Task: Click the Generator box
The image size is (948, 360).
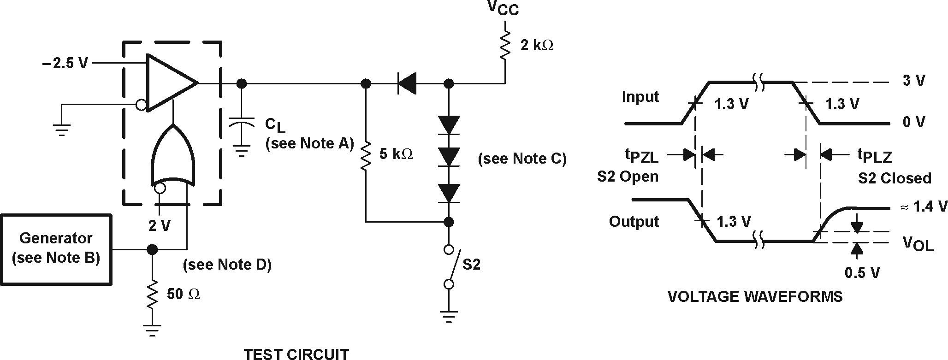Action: click(56, 249)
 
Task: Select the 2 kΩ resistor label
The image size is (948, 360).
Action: click(537, 45)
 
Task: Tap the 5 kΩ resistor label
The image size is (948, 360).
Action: click(396, 154)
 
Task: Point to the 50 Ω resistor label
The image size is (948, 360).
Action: click(183, 294)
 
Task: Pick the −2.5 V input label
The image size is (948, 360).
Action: click(65, 63)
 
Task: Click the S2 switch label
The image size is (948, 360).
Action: click(471, 265)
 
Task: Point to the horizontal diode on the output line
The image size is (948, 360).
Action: click(407, 83)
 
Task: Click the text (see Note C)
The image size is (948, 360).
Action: click(522, 159)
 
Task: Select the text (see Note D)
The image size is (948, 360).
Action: click(227, 265)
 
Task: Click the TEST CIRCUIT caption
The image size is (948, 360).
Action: click(296, 354)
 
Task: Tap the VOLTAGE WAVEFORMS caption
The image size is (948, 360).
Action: click(755, 296)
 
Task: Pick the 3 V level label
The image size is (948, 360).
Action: click(913, 81)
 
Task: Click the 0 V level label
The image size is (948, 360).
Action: click(913, 122)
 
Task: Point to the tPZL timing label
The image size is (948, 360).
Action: click(641, 156)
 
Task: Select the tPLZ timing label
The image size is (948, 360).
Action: click(874, 156)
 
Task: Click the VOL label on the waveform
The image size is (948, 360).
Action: click(918, 243)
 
